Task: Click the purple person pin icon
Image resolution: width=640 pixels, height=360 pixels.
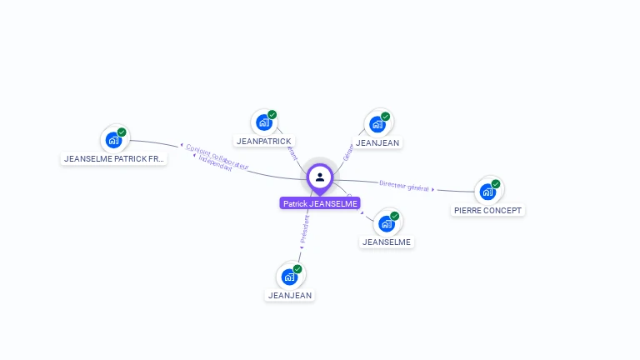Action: (x=320, y=177)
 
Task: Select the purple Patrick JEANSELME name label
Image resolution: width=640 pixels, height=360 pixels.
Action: (x=320, y=203)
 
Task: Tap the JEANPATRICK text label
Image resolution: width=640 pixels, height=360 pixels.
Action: (x=264, y=142)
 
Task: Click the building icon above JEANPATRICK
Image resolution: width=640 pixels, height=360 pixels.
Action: (x=264, y=123)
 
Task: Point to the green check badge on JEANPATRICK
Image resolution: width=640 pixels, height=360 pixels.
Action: (x=272, y=115)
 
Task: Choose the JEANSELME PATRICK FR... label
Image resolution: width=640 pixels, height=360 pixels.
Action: (x=115, y=158)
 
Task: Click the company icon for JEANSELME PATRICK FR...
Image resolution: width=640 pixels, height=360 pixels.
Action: (x=113, y=141)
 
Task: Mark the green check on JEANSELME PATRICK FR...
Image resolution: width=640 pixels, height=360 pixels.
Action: (x=122, y=132)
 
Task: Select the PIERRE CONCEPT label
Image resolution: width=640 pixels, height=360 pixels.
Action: (x=488, y=211)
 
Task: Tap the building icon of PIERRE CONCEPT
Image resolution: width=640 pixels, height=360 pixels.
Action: (x=487, y=192)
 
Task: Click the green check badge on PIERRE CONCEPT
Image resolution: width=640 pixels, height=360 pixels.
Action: (x=496, y=184)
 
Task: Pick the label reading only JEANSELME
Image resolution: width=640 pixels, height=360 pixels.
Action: (x=387, y=242)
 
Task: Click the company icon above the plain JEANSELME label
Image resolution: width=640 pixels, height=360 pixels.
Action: (x=386, y=224)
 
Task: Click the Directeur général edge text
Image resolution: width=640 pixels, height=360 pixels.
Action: (x=403, y=186)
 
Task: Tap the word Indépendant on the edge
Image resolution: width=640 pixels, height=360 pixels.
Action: (x=216, y=164)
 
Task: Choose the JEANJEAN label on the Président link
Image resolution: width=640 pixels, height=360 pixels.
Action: (x=290, y=295)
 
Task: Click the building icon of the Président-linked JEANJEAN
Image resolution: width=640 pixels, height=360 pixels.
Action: (x=289, y=277)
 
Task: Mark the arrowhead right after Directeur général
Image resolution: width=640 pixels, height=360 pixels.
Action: (x=433, y=190)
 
